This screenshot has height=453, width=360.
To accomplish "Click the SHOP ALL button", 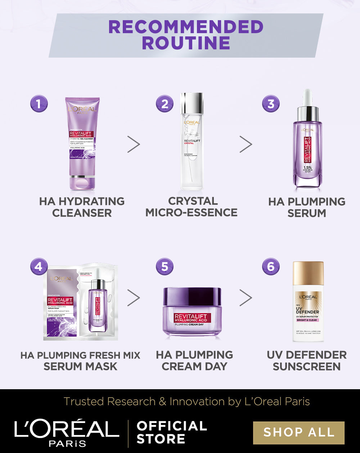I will pyautogui.click(x=298, y=432).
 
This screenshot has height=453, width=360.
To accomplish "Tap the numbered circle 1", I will pyautogui.click(x=39, y=104).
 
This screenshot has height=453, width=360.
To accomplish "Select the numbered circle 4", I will pyautogui.click(x=39, y=267).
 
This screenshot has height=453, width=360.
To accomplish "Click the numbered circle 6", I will pyautogui.click(x=271, y=267).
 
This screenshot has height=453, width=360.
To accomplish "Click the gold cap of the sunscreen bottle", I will pyautogui.click(x=308, y=273).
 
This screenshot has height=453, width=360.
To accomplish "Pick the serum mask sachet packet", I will pyautogui.click(x=80, y=303).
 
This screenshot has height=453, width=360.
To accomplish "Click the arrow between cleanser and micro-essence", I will pyautogui.click(x=134, y=144).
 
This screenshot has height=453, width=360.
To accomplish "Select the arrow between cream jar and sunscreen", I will pyautogui.click(x=246, y=298).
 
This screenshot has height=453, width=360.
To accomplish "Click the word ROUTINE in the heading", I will pyautogui.click(x=186, y=43).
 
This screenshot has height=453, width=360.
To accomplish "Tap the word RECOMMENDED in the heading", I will pyautogui.click(x=186, y=27).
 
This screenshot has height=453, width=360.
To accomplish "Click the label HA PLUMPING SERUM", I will pyautogui.click(x=307, y=207).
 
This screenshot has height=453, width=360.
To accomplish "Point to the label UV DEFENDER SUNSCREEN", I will pyautogui.click(x=307, y=360).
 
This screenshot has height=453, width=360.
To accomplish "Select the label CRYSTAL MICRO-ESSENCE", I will pyautogui.click(x=192, y=207).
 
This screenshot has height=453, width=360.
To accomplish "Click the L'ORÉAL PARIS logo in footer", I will pyautogui.click(x=67, y=432).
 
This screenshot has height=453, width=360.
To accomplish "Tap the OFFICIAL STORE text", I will pyautogui.click(x=172, y=432).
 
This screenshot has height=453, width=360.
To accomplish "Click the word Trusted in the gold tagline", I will pyautogui.click(x=82, y=401).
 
